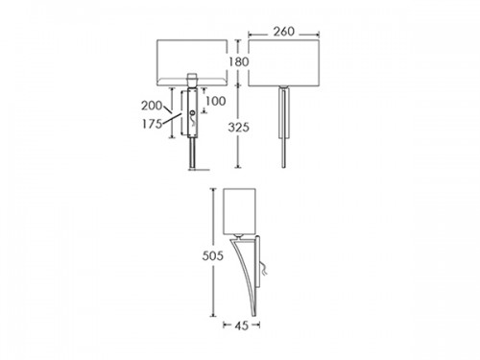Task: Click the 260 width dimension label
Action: point(284,32)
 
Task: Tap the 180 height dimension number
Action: point(238,61)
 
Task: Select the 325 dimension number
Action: point(238,128)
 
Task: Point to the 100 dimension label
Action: point(216,101)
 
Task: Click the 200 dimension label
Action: point(152,106)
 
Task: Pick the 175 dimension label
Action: point(152,124)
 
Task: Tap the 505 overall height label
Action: point(212,255)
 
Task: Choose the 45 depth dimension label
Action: point(241,325)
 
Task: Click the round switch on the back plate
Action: point(192,113)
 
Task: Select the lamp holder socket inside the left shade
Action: point(192,80)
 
